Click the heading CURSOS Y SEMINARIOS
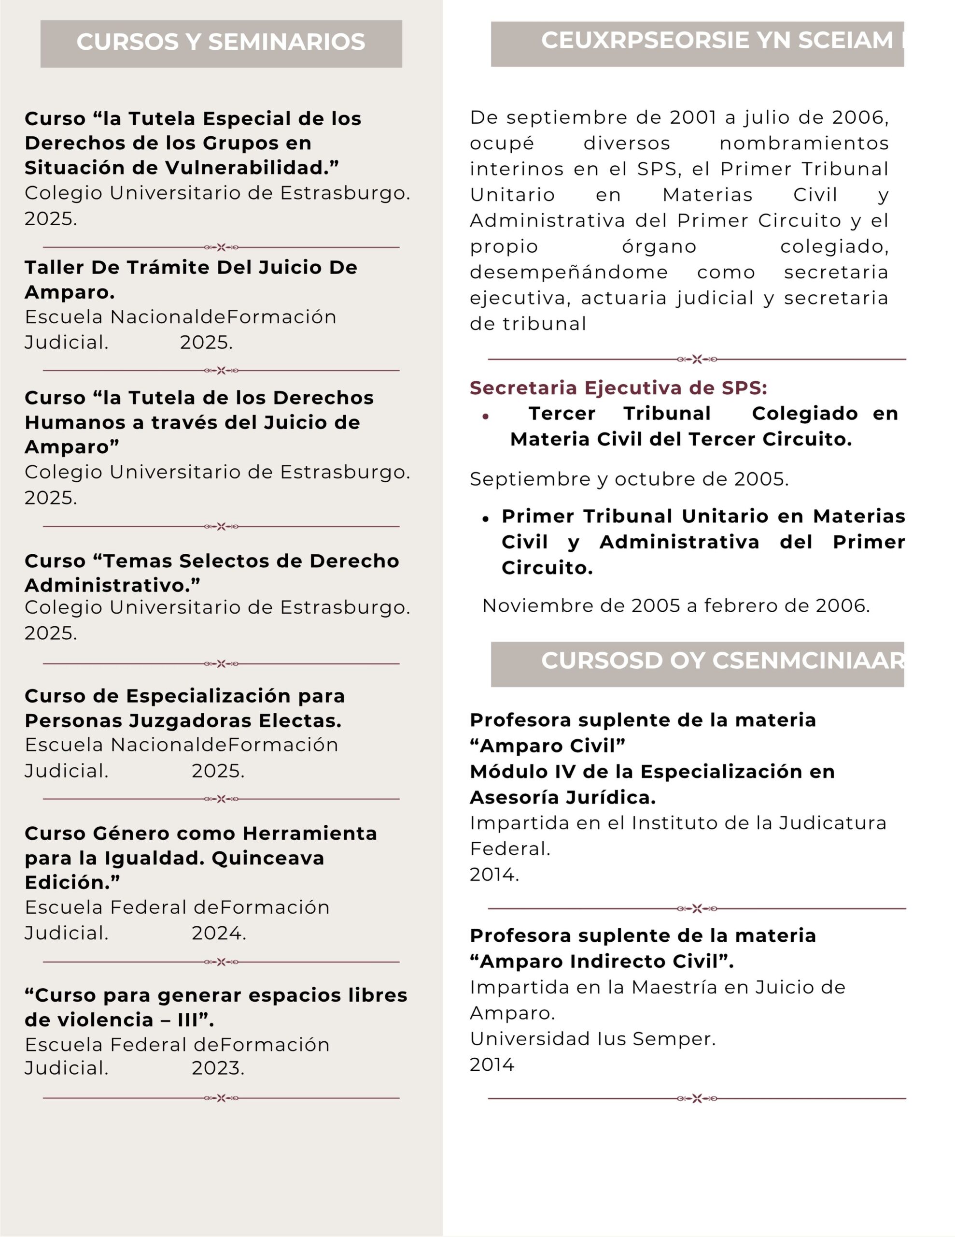click(221, 43)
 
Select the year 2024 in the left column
click(219, 933)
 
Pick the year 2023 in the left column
click(218, 1068)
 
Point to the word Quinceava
click(268, 858)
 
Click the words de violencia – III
click(119, 1020)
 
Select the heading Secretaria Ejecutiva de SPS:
click(618, 388)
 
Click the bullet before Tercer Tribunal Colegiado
click(486, 417)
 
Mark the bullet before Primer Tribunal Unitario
click(486, 518)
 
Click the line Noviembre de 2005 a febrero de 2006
click(676, 606)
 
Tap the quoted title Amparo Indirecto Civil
click(601, 962)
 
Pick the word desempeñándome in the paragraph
click(568, 273)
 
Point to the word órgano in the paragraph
click(659, 246)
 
